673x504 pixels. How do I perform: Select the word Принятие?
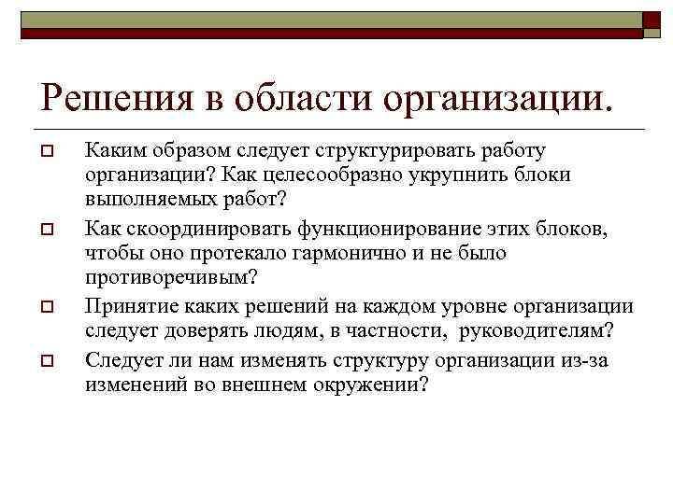126,306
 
